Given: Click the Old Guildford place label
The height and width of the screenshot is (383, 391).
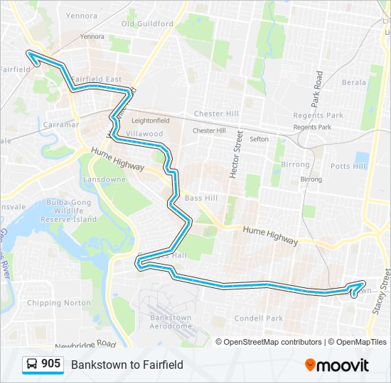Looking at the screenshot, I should [147, 23].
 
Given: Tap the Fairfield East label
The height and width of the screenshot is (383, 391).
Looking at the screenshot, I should [96, 79].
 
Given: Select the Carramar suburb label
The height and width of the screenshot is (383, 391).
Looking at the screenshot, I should [60, 124].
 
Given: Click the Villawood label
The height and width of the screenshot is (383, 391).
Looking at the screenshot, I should [144, 133].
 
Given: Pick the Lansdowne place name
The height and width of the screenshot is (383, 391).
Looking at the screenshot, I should [105, 179].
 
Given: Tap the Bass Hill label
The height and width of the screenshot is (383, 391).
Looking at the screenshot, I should [201, 198].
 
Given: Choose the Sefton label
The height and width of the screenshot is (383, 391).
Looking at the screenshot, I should [259, 139].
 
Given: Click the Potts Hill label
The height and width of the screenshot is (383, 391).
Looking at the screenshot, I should [348, 165].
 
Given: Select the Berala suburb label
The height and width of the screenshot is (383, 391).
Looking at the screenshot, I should [353, 82].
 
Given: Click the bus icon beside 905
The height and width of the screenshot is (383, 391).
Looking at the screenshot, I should [31, 365].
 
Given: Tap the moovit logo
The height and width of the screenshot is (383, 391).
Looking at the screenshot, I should [336, 365].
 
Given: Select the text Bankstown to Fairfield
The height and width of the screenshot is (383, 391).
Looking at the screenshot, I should [127, 365].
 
